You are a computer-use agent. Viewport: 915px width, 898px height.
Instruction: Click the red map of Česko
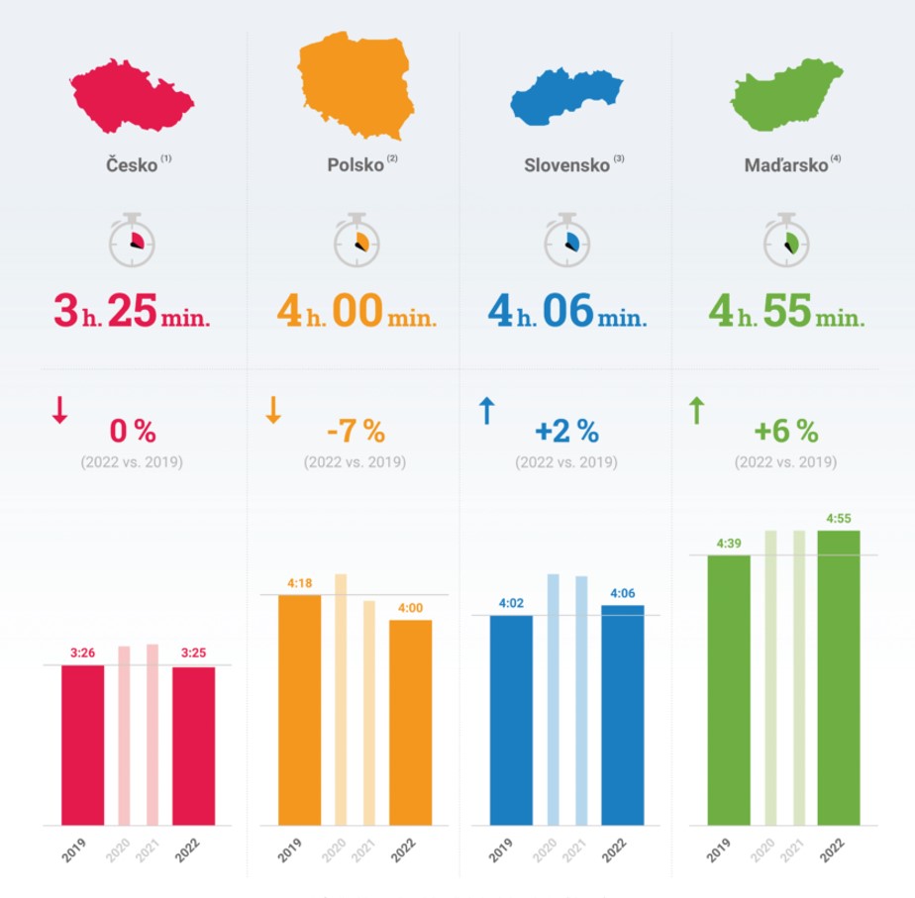coord(131,96)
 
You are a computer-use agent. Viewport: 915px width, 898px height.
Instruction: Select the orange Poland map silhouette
coord(356,84)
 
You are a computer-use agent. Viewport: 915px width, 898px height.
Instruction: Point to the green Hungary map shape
coord(785,94)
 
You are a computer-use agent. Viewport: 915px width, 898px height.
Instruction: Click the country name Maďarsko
coord(786,165)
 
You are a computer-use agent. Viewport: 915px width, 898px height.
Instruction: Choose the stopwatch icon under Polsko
coord(356,240)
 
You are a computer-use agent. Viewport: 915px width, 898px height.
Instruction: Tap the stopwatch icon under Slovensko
coord(566,240)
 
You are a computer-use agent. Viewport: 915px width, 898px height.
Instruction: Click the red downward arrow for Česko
coord(59,410)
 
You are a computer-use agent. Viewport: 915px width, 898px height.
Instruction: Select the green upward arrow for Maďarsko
coord(697,410)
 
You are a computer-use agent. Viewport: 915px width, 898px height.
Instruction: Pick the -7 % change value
coord(356,432)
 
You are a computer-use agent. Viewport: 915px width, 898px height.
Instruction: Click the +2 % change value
coord(566,432)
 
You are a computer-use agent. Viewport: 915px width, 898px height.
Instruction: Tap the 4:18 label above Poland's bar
coord(299,583)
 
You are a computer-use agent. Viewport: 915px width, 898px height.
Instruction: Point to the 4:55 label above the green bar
coord(839,518)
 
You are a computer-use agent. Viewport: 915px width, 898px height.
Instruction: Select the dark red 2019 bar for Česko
coord(83,746)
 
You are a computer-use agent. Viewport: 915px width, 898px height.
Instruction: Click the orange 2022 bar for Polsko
coord(410,723)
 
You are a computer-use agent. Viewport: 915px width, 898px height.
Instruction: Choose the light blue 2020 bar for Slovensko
coord(553,700)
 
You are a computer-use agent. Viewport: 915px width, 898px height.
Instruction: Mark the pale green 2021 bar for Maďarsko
coord(799,677)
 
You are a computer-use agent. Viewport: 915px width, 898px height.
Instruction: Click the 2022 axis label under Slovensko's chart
coord(614,850)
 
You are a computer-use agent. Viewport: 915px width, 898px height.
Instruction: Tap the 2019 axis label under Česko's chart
coord(73,850)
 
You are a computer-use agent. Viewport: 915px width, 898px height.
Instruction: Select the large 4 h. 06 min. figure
coord(567,311)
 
